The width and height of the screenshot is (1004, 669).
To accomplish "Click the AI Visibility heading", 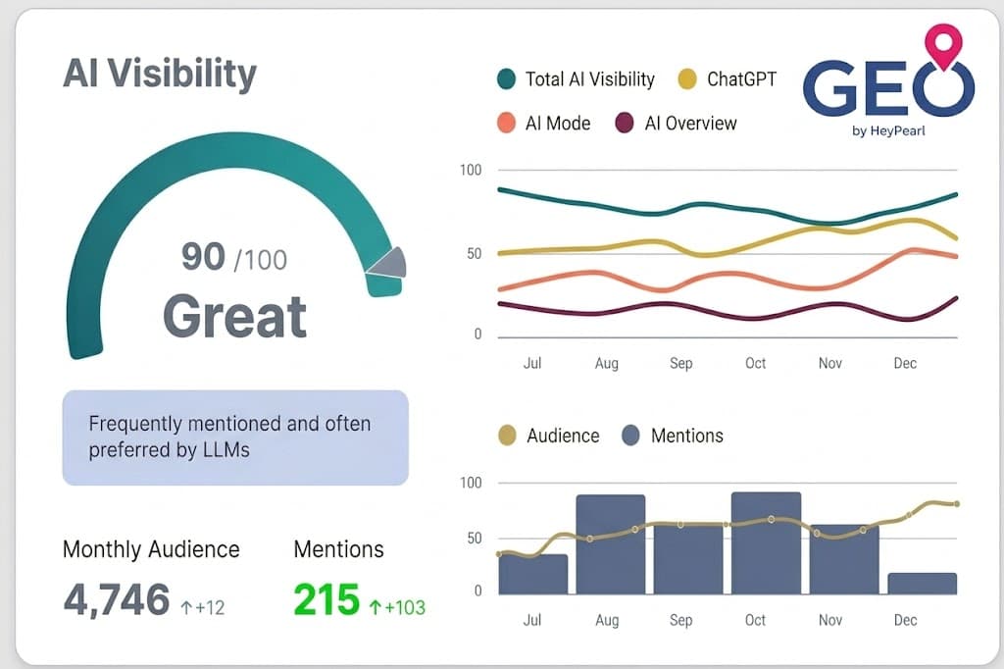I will point(160,74).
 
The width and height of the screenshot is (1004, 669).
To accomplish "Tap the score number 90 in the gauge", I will point(203,256).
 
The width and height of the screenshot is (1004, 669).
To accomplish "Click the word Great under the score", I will point(234,316).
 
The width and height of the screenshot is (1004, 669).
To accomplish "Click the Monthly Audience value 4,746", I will point(117,598).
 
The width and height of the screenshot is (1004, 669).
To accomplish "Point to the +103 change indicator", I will point(397,607).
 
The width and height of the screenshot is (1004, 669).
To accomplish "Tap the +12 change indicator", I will point(203,607).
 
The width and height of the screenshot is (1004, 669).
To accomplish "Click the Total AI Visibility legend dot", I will point(507,79).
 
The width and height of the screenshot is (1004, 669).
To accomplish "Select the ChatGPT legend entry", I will point(728,79).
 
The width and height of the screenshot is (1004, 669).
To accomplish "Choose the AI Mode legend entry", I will point(544,123).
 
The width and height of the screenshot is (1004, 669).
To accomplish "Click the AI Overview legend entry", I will point(676,123).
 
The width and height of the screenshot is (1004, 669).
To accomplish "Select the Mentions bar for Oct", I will point(766,543).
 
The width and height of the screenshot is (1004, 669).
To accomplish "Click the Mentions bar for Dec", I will point(922,584).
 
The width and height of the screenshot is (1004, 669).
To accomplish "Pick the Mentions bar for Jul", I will point(533,575).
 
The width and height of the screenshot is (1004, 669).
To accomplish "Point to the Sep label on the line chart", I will point(680,363).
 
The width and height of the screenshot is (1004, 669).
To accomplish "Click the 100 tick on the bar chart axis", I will point(471,483).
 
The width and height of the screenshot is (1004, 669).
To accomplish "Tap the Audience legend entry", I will point(549,436).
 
